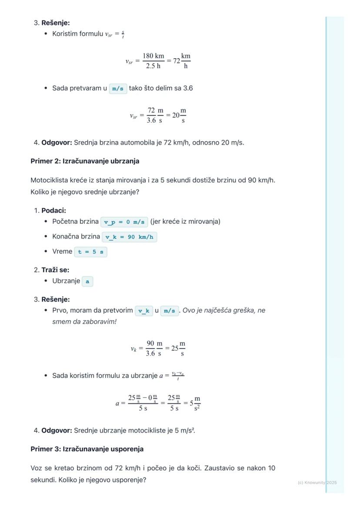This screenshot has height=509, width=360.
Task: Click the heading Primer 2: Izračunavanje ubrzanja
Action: (85, 161)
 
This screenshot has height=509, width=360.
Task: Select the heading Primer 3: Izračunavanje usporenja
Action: (87, 449)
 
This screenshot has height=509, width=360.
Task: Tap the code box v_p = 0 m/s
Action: (124, 222)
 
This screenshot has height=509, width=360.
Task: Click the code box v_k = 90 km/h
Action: (129, 237)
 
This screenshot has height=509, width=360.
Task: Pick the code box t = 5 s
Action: (91, 252)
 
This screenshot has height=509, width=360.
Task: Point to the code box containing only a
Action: (87, 281)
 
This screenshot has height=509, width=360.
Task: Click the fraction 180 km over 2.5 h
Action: (153, 61)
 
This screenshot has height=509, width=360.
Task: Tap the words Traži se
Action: (55, 270)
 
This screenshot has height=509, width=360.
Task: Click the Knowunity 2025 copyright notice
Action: (317, 482)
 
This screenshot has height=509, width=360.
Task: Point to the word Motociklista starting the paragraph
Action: (49, 180)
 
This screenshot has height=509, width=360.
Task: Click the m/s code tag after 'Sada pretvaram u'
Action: (118, 89)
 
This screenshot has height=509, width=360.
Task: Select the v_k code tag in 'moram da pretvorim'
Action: (144, 311)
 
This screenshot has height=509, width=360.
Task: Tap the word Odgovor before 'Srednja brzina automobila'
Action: (57, 143)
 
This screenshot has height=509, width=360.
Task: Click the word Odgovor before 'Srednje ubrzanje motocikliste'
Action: (57, 431)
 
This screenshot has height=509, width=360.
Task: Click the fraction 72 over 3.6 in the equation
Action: (151, 116)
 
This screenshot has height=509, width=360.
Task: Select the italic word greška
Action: (246, 311)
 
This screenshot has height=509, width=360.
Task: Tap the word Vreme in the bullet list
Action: (62, 252)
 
